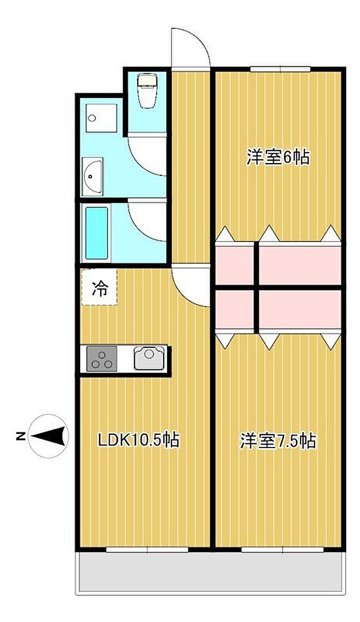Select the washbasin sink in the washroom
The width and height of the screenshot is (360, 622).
click(x=93, y=176)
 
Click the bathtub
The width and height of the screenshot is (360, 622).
click(x=96, y=233)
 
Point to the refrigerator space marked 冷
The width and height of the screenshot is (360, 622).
click(x=99, y=287)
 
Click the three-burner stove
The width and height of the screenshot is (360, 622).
click(x=102, y=359)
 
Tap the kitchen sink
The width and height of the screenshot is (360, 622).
click(x=149, y=358)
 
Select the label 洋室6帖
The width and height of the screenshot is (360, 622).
click(x=278, y=157)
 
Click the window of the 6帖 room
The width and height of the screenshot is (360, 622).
click(x=280, y=69)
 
